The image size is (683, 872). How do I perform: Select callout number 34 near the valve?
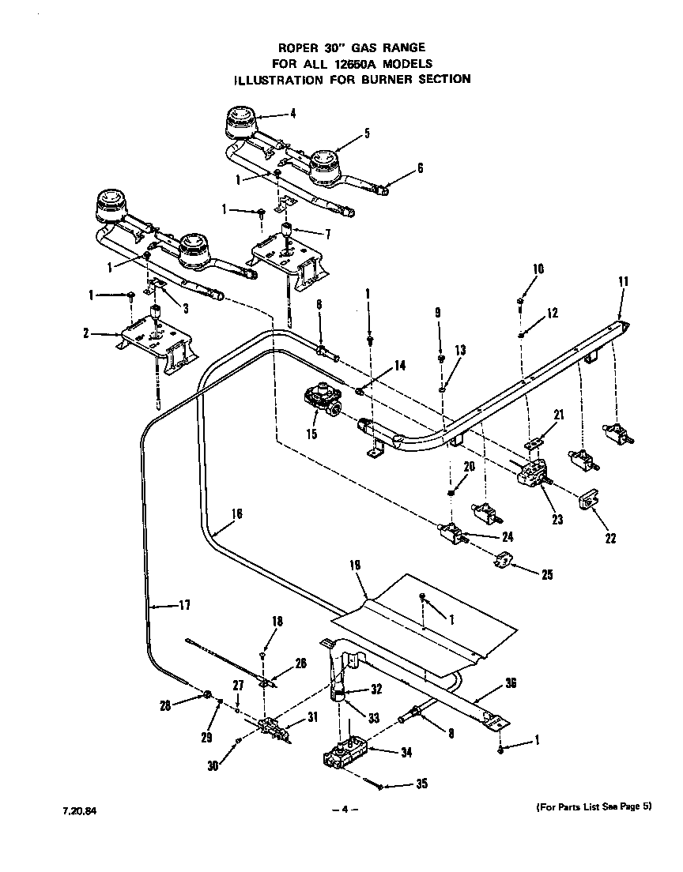[x=406, y=753]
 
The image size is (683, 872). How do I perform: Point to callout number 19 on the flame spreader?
[x=354, y=566]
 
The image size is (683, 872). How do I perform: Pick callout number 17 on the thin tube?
[x=183, y=606]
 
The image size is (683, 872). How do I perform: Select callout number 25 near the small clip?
[x=547, y=575]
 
